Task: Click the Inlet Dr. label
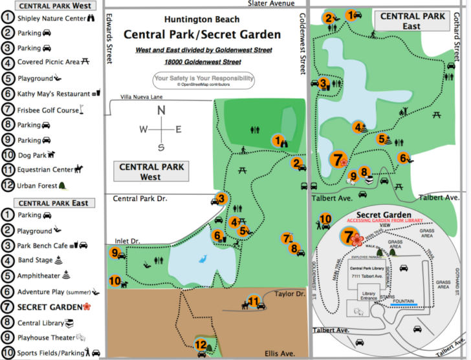127,241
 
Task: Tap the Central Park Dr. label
140,198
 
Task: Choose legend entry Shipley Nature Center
52,18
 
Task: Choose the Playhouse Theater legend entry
49,337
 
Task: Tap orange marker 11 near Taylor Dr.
254,301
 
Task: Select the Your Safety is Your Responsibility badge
203,80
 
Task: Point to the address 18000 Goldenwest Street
202,62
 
